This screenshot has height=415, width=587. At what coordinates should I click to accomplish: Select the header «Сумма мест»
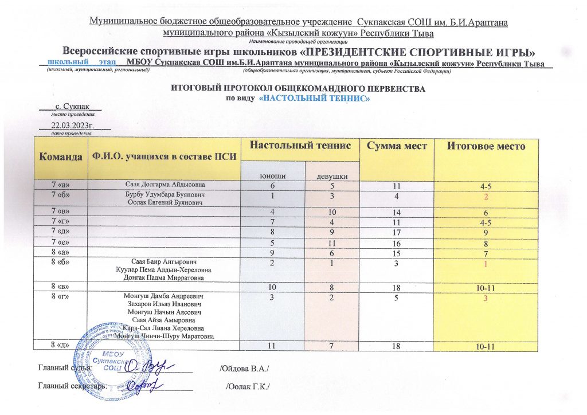(x=397, y=146)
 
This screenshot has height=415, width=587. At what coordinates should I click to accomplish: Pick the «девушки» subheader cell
(x=331, y=175)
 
